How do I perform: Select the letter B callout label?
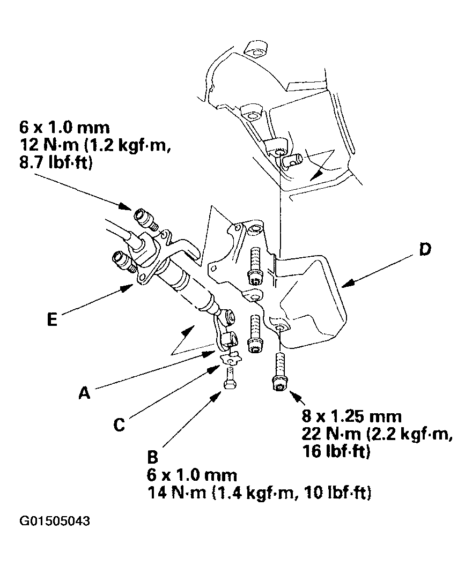tap(153, 457)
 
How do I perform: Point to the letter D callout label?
tap(425, 250)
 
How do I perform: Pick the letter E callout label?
tap(51, 319)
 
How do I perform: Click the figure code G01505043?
tap(55, 521)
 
